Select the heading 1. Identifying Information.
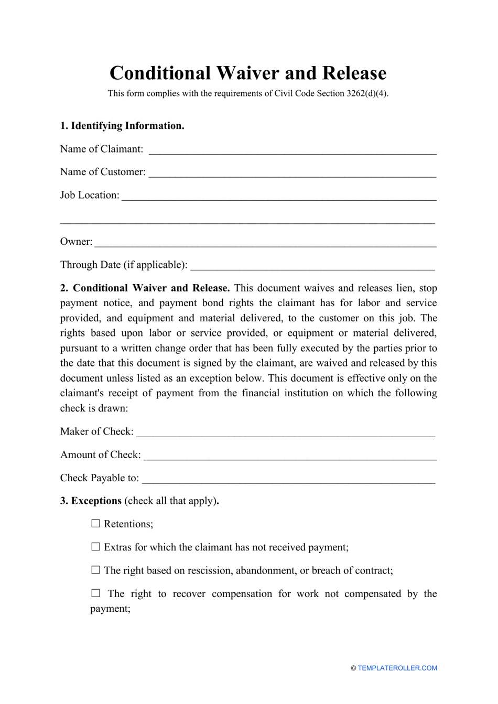[x=122, y=126]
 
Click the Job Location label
[x=90, y=195]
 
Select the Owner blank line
[x=265, y=244]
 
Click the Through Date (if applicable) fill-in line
[x=312, y=267]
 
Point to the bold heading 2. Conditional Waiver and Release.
[x=145, y=288]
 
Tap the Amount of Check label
[x=101, y=454]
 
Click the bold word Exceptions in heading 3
[x=96, y=501]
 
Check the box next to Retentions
[x=95, y=524]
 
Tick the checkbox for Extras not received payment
[x=95, y=547]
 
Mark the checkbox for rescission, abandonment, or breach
[x=95, y=570]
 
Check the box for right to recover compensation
[x=95, y=593]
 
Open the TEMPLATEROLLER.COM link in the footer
[x=397, y=668]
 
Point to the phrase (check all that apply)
[x=170, y=501]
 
